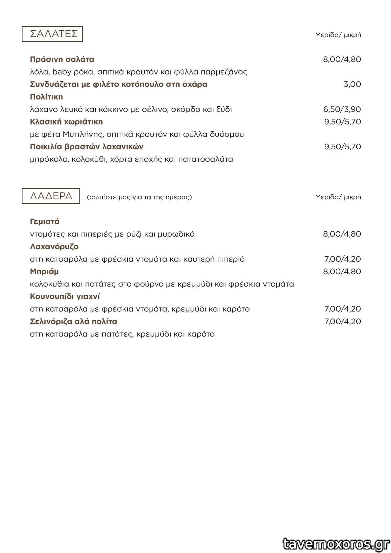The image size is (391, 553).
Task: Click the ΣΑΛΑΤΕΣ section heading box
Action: click(52, 34)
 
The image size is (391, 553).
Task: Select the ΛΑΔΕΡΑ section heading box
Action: click(51, 196)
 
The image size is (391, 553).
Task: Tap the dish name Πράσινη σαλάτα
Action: click(62, 59)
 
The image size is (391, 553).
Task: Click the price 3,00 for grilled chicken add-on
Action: click(352, 84)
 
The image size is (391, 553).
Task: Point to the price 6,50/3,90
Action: click(342, 109)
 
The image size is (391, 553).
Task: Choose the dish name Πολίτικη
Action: click(46, 97)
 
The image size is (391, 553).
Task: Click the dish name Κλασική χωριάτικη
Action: click(66, 122)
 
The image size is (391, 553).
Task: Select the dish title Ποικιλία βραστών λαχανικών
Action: click(86, 147)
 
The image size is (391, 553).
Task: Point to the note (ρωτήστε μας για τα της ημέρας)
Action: click(139, 197)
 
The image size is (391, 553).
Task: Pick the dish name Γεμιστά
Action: click(45, 221)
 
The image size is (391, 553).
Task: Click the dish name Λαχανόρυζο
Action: click(54, 246)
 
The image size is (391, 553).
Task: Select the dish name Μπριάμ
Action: click(44, 271)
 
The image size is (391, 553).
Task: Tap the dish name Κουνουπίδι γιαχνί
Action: click(65, 296)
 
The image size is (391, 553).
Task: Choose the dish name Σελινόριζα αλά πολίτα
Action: click(73, 321)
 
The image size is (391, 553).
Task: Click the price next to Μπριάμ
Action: click(342, 271)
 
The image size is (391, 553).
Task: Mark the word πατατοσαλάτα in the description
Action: click(206, 159)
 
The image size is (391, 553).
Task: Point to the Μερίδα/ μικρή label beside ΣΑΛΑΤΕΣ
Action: click(338, 35)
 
